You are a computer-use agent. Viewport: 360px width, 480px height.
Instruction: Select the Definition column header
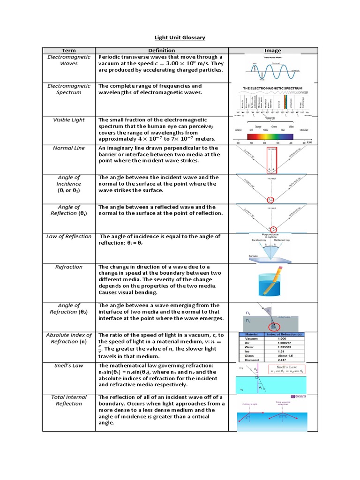162,51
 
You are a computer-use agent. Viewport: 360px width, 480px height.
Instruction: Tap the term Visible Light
69,120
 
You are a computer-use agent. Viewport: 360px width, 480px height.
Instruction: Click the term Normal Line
69,148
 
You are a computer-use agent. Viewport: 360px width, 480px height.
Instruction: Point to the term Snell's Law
69,366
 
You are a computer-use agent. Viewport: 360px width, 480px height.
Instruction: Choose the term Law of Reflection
69,237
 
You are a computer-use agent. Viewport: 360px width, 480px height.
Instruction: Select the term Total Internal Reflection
69,400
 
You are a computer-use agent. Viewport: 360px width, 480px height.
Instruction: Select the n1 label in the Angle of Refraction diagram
248,312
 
